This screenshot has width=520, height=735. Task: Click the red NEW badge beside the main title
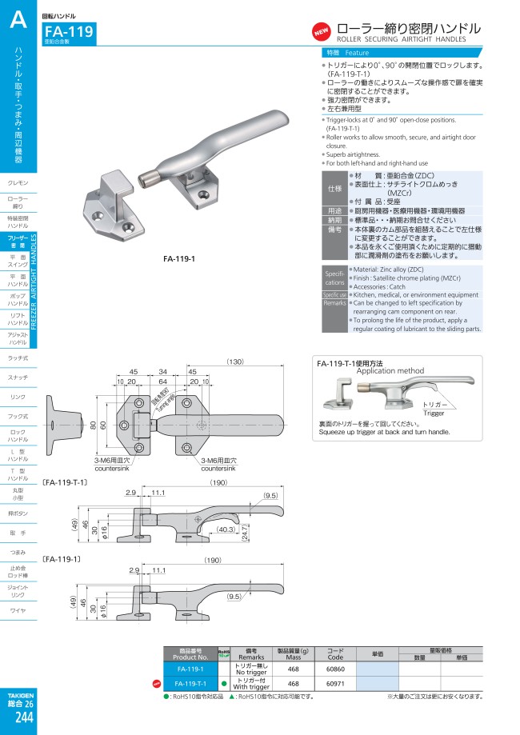(x=321, y=32)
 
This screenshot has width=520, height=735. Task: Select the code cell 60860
(x=335, y=668)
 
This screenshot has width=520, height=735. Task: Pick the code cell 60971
(x=335, y=684)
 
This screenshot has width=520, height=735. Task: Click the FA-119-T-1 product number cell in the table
(x=190, y=684)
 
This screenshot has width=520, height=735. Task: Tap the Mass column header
(x=293, y=653)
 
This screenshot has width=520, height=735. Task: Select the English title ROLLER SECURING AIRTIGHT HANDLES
(x=401, y=38)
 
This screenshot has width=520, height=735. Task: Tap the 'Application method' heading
(x=390, y=372)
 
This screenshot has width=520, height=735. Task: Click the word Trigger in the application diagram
(x=434, y=413)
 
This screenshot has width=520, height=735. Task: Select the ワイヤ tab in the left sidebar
(x=18, y=611)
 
